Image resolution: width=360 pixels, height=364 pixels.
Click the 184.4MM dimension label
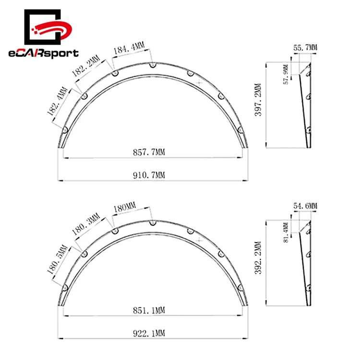pos(129,47)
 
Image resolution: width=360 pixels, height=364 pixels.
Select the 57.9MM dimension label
pos(287,74)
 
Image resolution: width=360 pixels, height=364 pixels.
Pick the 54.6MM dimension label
pos(305,206)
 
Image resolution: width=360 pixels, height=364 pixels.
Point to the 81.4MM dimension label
pos(287,232)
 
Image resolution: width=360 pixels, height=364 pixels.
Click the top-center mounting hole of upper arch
pos(152,64)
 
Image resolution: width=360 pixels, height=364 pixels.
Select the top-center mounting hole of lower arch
pos(152,223)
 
